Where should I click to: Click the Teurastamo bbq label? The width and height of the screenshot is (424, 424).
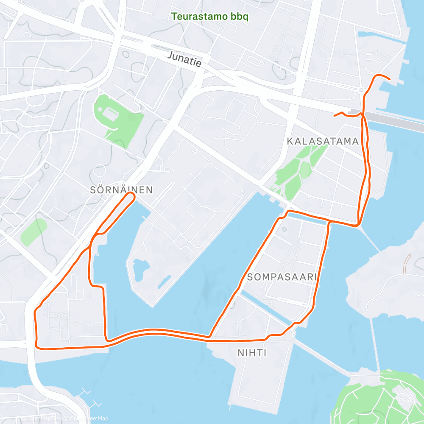209,17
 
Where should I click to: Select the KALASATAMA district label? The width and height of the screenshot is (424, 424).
323,141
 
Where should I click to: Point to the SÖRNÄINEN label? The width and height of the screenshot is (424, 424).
121,190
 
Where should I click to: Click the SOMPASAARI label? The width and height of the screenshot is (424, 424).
282,277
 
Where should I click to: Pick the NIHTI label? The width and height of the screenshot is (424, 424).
252,352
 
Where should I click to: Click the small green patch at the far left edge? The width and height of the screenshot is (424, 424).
34,232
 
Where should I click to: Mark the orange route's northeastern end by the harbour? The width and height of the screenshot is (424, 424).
389,78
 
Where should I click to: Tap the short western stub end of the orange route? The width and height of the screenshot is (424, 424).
335,115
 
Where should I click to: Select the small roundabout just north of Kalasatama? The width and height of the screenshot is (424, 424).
361,90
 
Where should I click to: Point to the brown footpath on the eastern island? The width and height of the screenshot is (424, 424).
407,263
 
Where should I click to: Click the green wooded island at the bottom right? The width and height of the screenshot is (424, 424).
377,399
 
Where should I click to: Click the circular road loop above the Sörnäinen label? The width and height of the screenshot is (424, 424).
100,170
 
